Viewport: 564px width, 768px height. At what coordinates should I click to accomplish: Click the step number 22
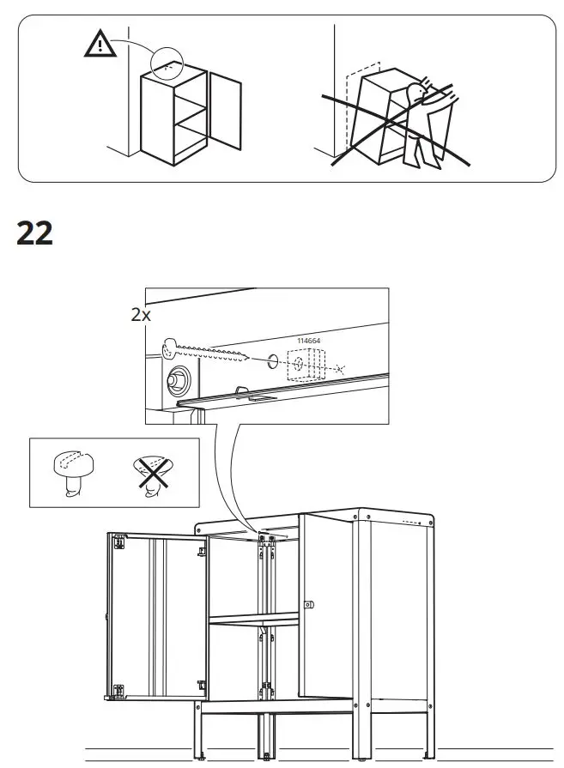pos(35,233)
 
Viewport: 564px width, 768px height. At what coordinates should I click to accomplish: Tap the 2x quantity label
pos(141,314)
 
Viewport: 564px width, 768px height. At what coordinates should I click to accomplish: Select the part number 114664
pos(308,341)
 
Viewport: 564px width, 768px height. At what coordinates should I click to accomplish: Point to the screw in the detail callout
pos(206,352)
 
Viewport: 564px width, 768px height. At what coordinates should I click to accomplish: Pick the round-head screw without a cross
pos(70,470)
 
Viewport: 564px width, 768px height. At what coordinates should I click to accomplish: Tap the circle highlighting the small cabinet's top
pos(168,63)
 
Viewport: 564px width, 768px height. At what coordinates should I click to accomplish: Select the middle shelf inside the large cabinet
pos(253,619)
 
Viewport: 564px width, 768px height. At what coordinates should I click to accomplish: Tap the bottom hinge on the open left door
pos(201,686)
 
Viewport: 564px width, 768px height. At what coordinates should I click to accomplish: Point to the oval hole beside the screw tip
pos(270,362)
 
